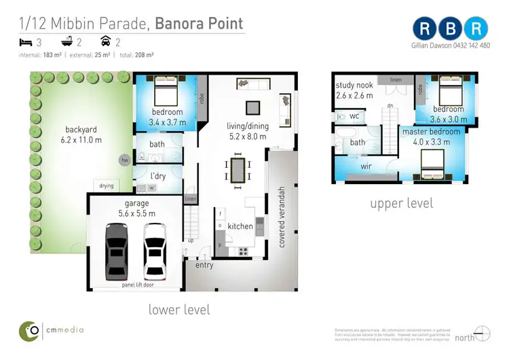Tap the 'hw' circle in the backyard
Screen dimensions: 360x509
[x=124, y=160]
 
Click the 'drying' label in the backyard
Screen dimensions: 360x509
[x=107, y=185]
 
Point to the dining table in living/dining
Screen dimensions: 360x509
[x=237, y=170]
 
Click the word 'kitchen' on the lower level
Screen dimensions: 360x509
[x=240, y=226]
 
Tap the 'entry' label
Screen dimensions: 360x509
[x=204, y=265]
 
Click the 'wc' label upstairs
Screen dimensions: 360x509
[x=354, y=117]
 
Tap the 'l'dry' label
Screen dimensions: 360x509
[x=158, y=177]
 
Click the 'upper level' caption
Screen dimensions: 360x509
[x=401, y=203]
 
